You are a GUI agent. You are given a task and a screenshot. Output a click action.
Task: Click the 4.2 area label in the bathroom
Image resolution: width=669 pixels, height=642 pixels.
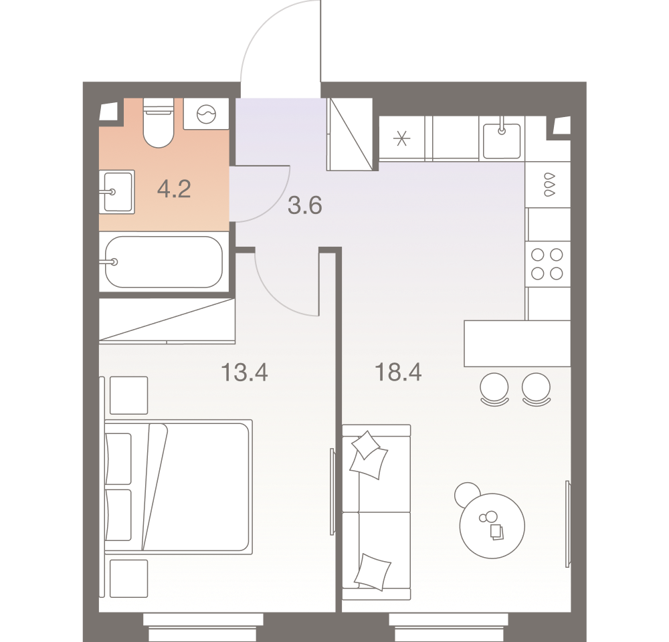tap(174, 189)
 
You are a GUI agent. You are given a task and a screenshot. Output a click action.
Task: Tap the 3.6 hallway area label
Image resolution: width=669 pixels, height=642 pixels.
tap(304, 205)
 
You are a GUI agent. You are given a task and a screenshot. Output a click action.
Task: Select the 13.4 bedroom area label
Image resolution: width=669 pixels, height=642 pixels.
tap(244, 372)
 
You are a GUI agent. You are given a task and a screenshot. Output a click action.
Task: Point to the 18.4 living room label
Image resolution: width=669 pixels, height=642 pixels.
tap(398, 372)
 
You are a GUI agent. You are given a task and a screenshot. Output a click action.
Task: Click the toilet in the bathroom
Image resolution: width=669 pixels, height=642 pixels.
tap(159, 122)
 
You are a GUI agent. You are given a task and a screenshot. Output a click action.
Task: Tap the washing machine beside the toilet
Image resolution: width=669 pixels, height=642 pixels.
tap(206, 114)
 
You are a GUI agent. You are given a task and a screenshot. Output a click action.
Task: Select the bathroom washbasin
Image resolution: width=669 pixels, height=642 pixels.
tap(117, 192)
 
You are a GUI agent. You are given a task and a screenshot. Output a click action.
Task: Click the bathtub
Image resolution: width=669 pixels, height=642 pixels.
tap(164, 262)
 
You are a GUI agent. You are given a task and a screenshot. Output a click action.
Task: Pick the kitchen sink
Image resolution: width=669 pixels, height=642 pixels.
tap(502, 140)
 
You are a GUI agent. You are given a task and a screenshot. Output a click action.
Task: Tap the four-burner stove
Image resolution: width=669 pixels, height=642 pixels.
tap(547, 264)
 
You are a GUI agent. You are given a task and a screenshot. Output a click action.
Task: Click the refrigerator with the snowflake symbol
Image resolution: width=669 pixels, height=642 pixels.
tap(401, 138)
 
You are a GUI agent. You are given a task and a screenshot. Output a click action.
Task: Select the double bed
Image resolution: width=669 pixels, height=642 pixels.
tap(179, 487)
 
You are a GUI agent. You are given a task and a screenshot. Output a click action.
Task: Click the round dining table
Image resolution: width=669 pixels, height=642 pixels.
tap(492, 526)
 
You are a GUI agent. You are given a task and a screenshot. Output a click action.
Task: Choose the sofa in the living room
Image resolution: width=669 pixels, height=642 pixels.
tap(376, 512)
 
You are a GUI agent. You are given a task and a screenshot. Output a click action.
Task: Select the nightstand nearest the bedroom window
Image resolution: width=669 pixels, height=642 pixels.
tap(129, 579)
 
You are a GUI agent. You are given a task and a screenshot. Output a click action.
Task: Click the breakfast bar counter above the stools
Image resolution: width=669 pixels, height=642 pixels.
tap(517, 343)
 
